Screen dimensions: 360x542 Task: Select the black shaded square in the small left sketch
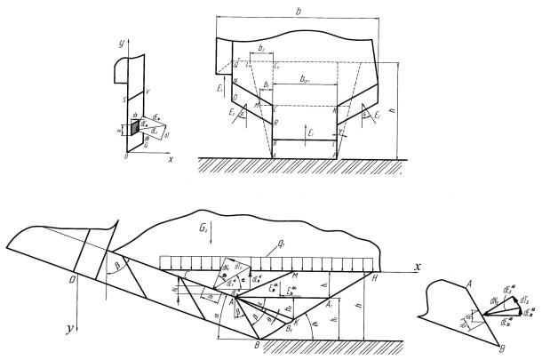coord(135,128)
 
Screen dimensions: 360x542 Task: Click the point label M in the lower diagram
coord(293,278)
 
